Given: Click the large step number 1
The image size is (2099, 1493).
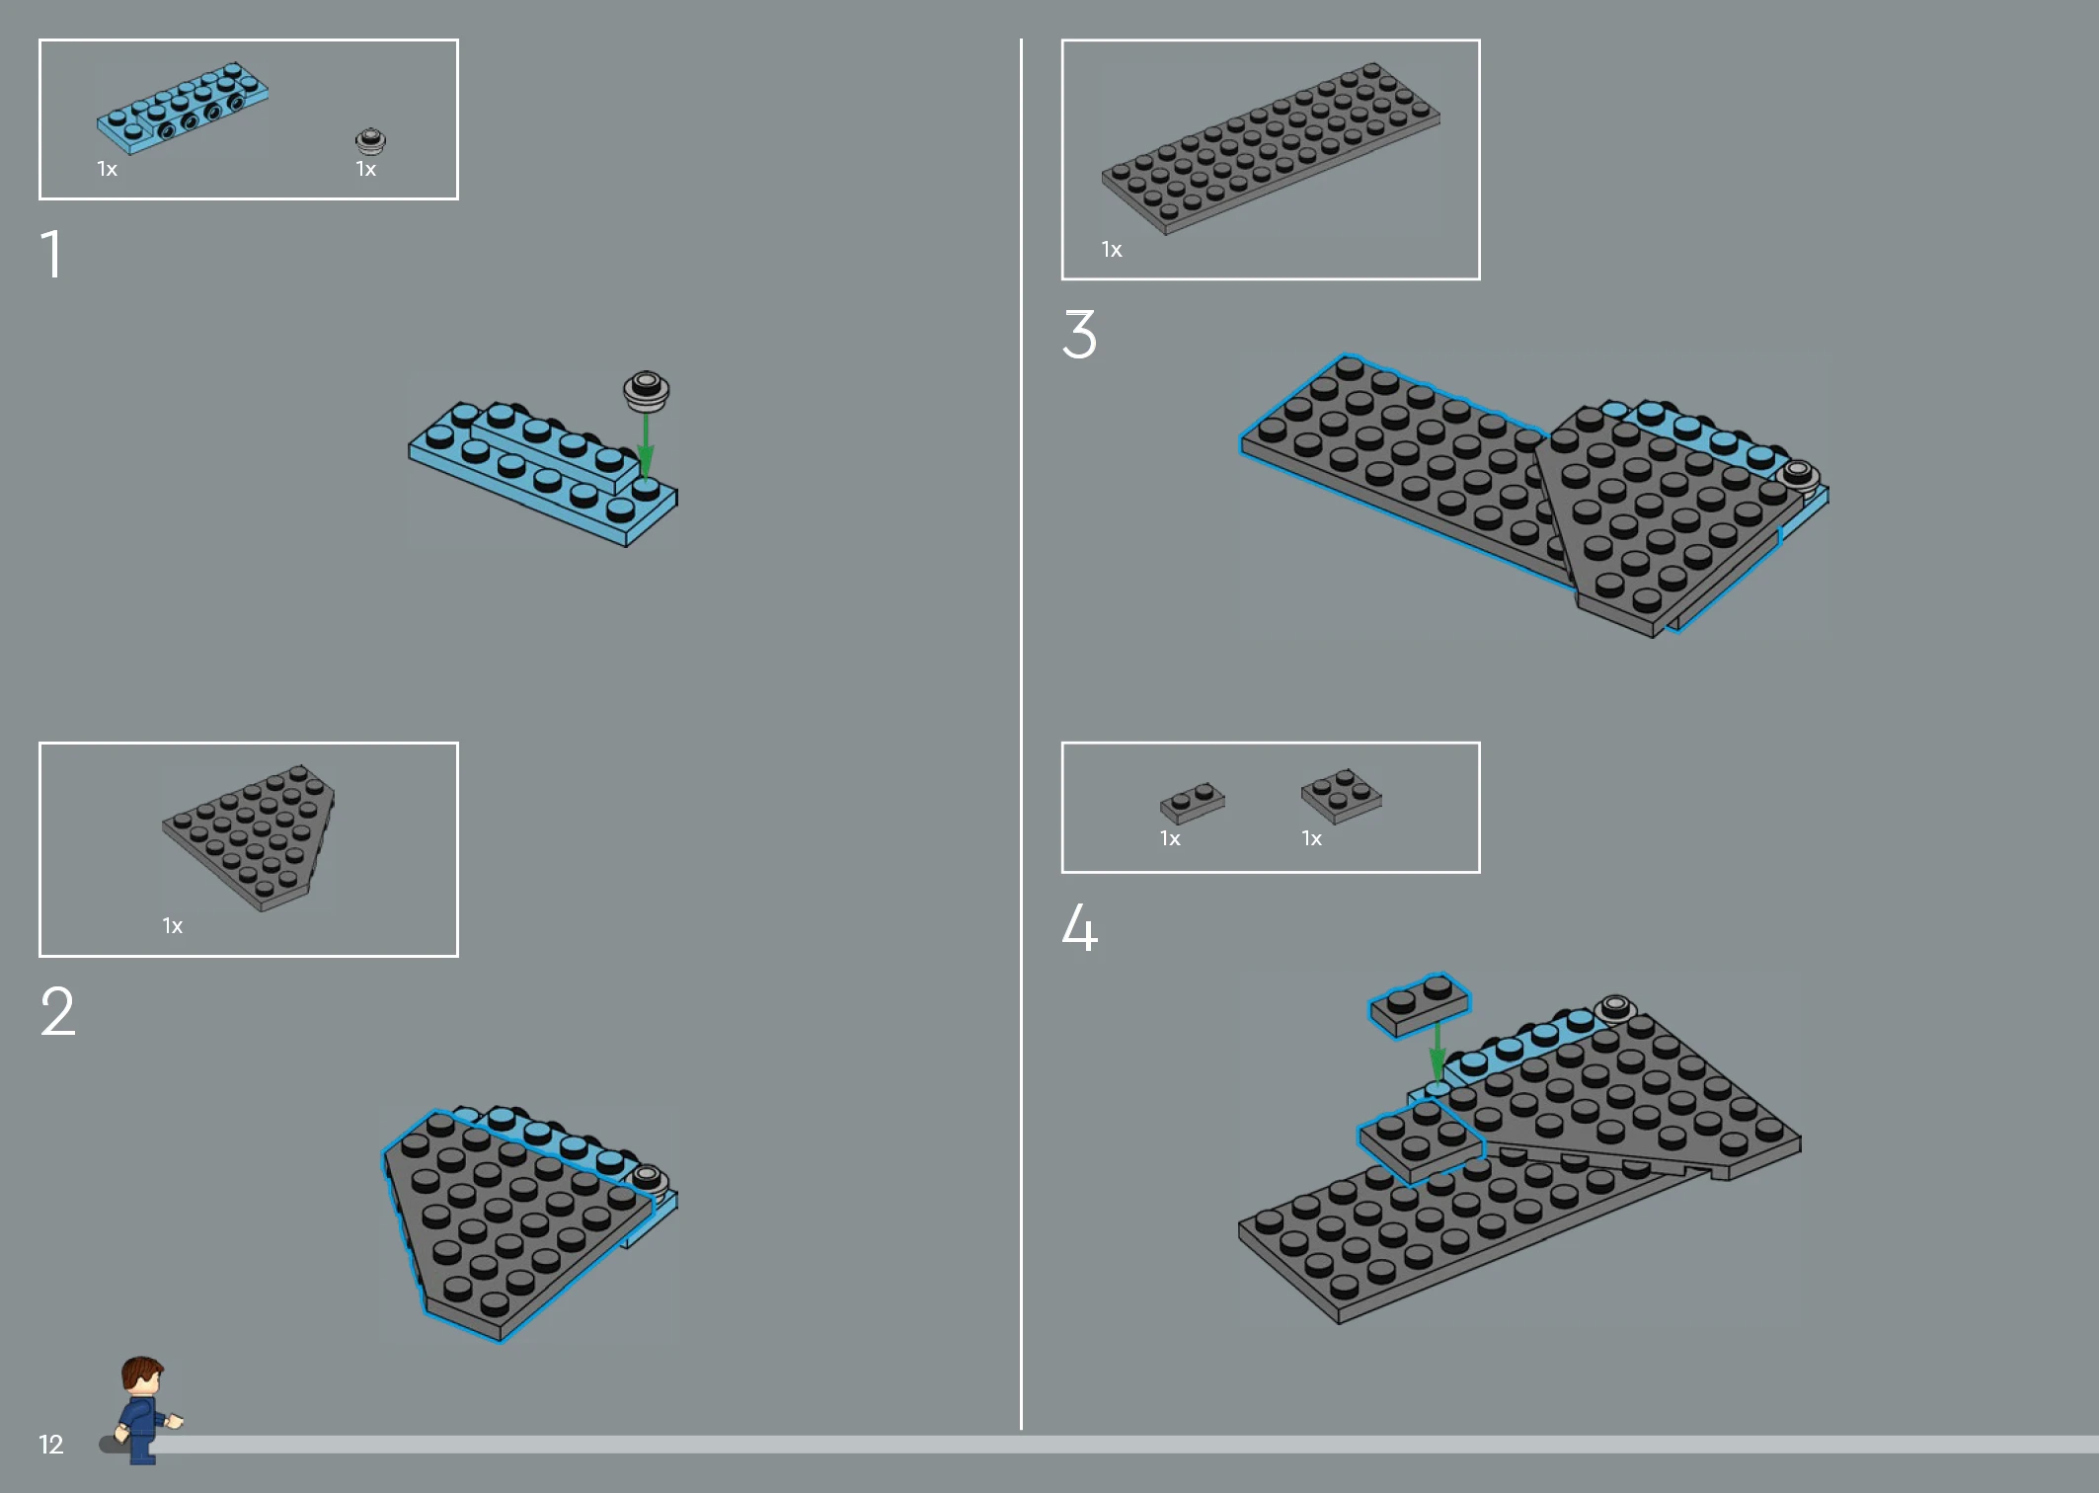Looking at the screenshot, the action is (52, 254).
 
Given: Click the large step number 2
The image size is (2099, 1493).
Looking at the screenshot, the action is (57, 1011).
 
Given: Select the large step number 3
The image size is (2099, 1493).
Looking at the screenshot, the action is (1079, 334).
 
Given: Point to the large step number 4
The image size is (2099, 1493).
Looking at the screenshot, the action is (1079, 927).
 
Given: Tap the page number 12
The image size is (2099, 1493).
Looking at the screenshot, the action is (50, 1445).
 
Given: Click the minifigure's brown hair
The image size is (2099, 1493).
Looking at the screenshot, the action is (142, 1371).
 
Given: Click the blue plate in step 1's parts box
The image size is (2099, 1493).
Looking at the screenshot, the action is (183, 108).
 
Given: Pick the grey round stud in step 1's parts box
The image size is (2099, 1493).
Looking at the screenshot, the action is (370, 141).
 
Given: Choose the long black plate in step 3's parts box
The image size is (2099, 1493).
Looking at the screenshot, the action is (1271, 148).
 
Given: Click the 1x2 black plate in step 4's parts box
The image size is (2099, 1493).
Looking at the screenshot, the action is (1193, 803).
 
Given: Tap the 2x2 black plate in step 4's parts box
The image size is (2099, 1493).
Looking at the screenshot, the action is (1341, 796).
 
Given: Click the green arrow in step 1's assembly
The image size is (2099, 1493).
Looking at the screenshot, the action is (646, 445).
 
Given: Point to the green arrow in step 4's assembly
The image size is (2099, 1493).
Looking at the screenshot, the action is (1438, 1051).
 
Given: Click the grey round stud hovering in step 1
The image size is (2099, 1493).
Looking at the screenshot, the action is (647, 391).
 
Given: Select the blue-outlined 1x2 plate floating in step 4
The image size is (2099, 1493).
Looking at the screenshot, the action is (1420, 1005).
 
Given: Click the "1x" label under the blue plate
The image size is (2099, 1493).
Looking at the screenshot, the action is (108, 169).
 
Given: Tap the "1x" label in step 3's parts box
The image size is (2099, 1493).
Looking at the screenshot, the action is (1112, 250).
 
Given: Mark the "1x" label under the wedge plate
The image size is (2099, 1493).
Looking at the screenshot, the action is (173, 926).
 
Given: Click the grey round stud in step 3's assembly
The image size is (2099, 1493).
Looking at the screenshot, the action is (1798, 475).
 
